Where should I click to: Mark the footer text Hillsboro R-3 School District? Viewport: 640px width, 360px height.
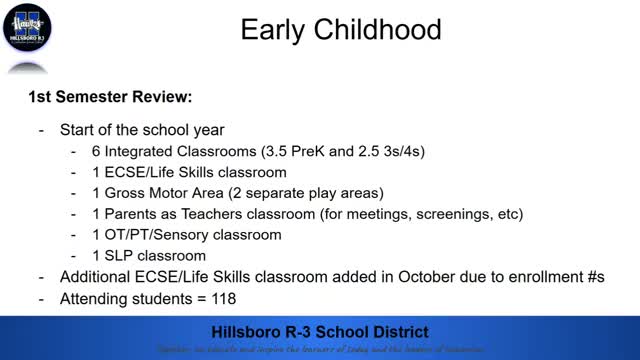tap(320, 331)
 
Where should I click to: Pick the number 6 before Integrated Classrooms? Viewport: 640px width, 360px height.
tap(109, 152)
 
